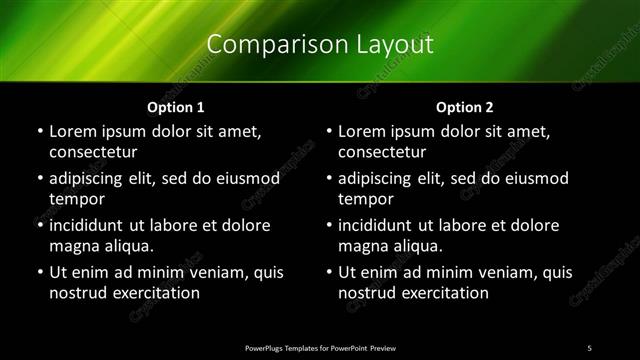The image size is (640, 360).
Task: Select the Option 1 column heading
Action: click(x=175, y=107)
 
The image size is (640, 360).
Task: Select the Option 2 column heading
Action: click(x=465, y=107)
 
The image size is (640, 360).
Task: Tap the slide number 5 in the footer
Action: click(x=590, y=346)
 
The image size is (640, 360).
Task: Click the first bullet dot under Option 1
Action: click(x=39, y=132)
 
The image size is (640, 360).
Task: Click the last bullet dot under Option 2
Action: click(x=329, y=272)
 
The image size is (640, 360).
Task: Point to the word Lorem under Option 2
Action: click(x=362, y=131)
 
